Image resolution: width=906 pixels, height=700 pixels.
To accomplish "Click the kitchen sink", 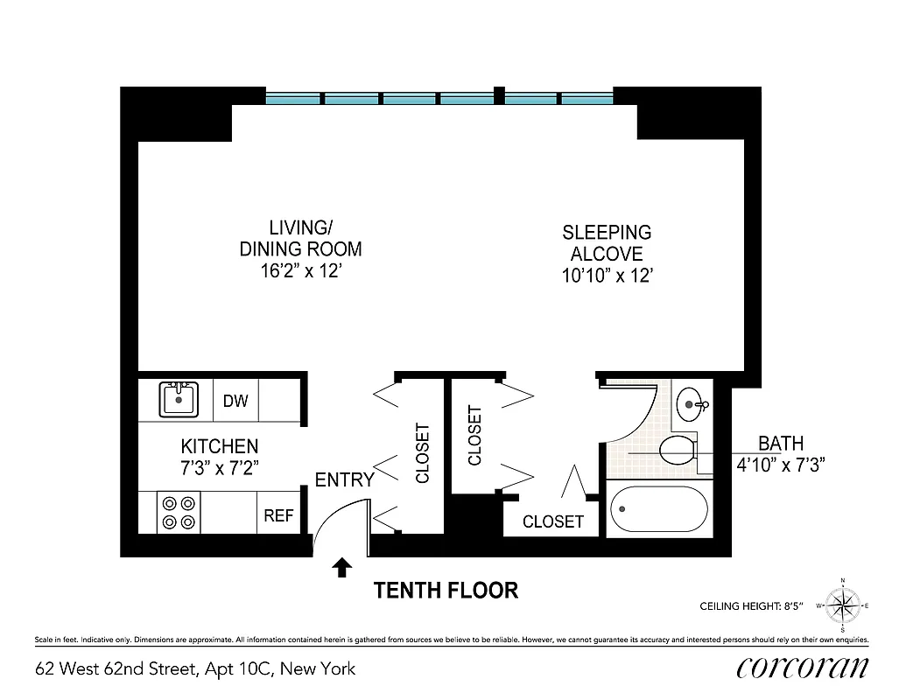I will (179, 400).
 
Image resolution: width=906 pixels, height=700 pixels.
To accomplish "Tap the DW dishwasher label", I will (235, 402).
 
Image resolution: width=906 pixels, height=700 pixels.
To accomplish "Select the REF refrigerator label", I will (278, 516).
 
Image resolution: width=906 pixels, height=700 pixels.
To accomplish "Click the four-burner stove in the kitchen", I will (178, 513).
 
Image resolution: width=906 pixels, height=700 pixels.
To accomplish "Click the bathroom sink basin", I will (692, 404).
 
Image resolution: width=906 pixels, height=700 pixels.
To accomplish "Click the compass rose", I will (842, 605).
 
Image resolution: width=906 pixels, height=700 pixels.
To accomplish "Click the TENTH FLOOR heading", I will (446, 591).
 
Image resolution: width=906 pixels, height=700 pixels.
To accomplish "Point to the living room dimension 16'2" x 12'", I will (300, 272).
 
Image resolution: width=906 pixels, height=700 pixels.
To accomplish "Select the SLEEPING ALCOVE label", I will (607, 243).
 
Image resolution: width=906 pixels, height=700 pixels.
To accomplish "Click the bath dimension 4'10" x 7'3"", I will (781, 463).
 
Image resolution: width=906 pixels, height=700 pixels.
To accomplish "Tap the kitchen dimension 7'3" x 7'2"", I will (220, 466).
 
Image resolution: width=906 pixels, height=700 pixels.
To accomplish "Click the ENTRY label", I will (344, 479).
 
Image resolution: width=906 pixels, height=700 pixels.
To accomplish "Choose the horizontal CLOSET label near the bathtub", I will (552, 521).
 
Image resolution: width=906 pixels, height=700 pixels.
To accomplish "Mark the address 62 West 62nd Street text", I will (195, 669).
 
